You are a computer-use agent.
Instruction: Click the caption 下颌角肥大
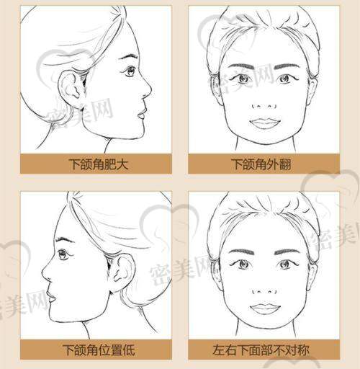(x=99, y=164)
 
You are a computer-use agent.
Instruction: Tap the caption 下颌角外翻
(x=261, y=164)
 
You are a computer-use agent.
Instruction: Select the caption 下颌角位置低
(x=99, y=350)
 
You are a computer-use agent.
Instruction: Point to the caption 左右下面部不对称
(x=261, y=350)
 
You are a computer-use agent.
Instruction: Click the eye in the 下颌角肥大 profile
(x=130, y=71)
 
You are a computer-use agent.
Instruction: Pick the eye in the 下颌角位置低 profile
(x=63, y=254)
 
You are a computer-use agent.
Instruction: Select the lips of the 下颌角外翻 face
(x=264, y=123)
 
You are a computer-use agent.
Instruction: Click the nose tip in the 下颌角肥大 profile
(x=150, y=89)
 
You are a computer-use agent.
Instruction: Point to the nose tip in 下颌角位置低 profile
(x=43, y=272)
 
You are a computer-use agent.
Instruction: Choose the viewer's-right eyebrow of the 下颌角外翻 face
(x=287, y=66)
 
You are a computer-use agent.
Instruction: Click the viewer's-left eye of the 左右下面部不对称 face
(x=243, y=264)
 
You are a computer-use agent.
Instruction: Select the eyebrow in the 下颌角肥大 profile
(x=128, y=57)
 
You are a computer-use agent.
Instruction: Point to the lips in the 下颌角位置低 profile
(x=51, y=296)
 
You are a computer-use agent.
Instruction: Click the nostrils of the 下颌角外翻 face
(x=264, y=106)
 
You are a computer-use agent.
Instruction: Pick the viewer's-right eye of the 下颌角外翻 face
(x=287, y=79)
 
